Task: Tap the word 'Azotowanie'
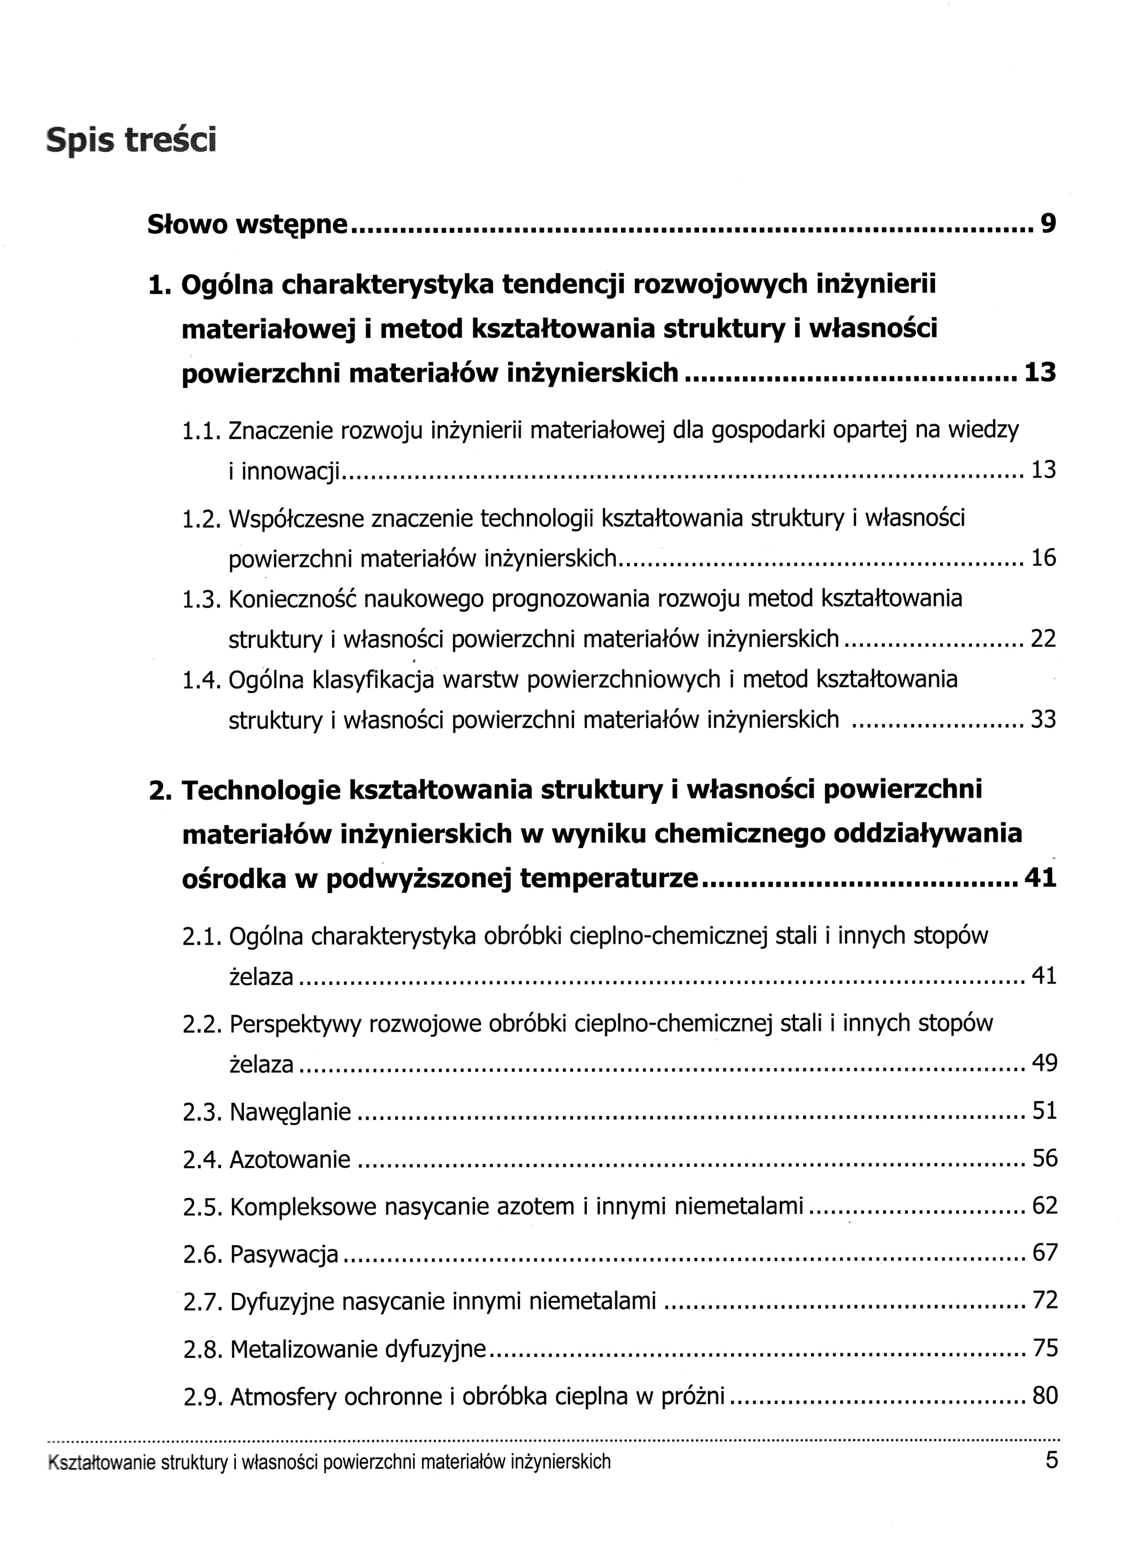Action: tap(290, 1159)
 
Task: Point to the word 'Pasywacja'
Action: tap(284, 1253)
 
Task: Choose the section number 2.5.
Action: tap(202, 1207)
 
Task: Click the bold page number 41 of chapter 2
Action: tap(1040, 877)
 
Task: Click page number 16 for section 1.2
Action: tap(1043, 558)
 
